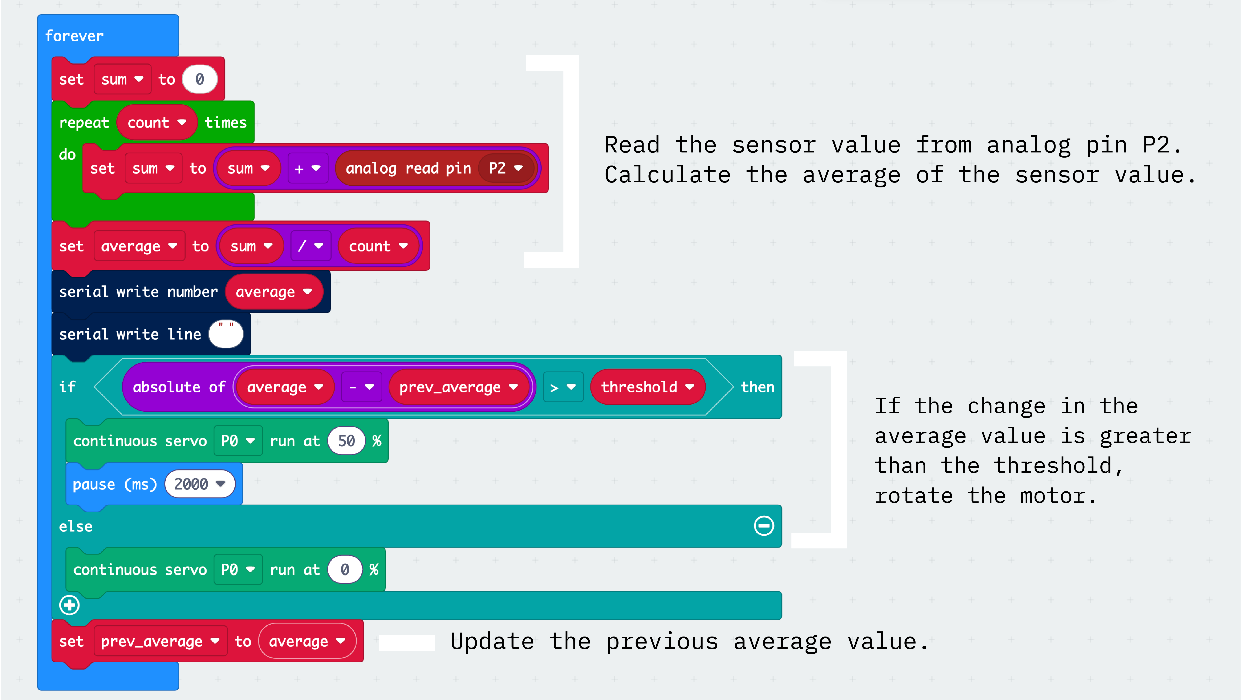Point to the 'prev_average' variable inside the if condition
coord(458,387)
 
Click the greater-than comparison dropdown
coord(563,387)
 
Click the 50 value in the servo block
coord(346,441)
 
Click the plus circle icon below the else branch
coord(69,605)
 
